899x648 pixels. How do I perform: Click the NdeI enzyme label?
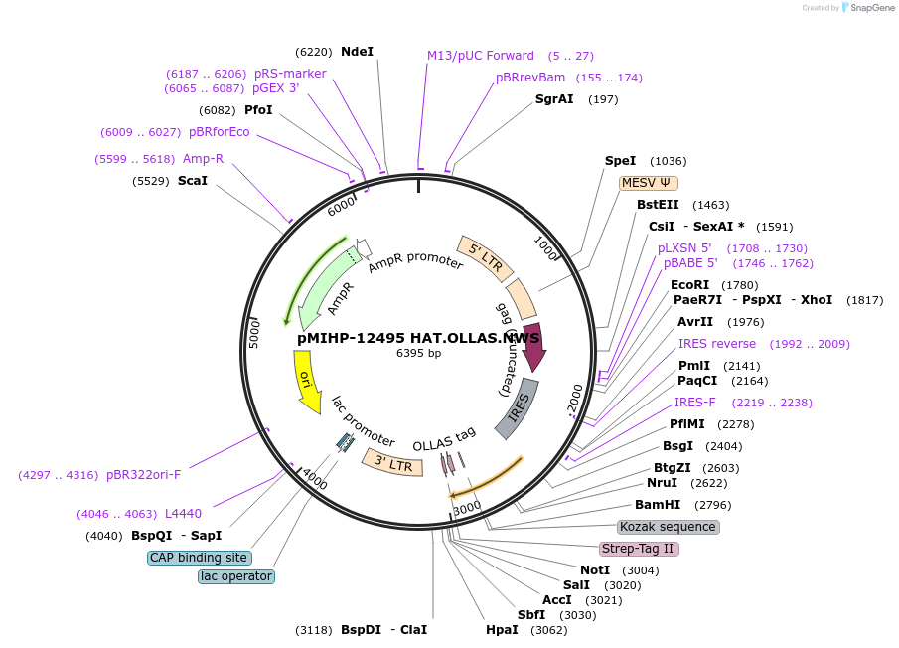pyautogui.click(x=357, y=51)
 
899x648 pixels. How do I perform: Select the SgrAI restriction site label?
pyautogui.click(x=554, y=98)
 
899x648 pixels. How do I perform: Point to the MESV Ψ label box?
pyautogui.click(x=648, y=182)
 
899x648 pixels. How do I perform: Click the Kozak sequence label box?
pyautogui.click(x=668, y=527)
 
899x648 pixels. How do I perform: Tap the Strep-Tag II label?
pyautogui.click(x=639, y=549)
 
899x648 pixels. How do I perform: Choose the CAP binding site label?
pyautogui.click(x=199, y=558)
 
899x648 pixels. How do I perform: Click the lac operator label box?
pyautogui.click(x=236, y=576)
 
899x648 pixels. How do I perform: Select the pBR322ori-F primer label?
pyautogui.click(x=143, y=474)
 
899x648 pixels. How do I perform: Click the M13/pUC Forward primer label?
pyautogui.click(x=481, y=56)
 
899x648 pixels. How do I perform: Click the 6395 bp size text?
pyautogui.click(x=418, y=353)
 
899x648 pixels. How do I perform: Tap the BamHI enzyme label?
pyautogui.click(x=658, y=504)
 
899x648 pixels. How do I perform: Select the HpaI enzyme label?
pyautogui.click(x=502, y=630)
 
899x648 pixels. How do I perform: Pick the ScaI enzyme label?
pyautogui.click(x=193, y=180)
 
